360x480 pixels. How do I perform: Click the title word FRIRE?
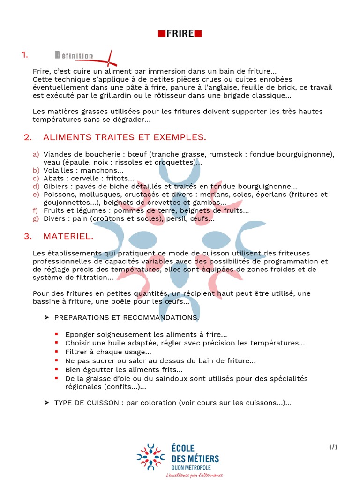click(180, 33)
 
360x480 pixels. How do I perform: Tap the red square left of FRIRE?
click(161, 33)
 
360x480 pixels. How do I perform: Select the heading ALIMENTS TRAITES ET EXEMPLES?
click(125, 137)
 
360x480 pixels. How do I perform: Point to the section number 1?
click(25, 55)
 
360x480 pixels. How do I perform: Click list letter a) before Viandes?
click(36, 154)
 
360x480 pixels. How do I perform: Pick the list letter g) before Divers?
click(36, 218)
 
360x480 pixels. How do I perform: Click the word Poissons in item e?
click(58, 194)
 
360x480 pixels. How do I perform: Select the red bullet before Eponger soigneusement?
click(56, 334)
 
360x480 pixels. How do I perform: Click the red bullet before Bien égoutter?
click(56, 369)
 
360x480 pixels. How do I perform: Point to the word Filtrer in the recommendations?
click(76, 352)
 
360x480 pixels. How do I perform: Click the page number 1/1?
click(333, 447)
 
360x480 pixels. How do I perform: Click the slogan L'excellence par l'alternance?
click(195, 475)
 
